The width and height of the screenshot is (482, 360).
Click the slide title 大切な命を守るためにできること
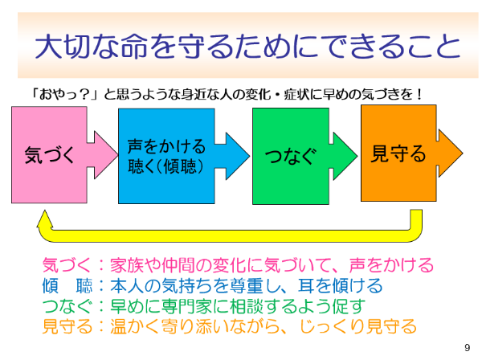point(247,46)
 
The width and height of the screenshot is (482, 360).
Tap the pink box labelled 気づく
point(49,154)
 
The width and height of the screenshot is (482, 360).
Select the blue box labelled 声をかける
point(166,156)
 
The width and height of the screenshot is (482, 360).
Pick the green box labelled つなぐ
point(291,156)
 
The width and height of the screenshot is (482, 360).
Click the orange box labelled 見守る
point(398,153)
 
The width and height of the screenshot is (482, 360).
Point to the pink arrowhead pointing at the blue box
point(104,154)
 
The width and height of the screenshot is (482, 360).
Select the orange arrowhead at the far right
point(450,153)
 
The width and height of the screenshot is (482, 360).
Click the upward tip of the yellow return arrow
point(45,211)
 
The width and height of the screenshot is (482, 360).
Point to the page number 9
point(468,348)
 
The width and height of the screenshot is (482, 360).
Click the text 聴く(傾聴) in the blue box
point(165,166)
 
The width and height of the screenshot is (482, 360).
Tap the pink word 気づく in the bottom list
point(67,265)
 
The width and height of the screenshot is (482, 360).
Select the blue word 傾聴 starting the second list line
point(67,285)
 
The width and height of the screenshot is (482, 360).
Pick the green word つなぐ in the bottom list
point(67,306)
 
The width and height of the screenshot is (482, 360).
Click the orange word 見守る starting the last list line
point(67,326)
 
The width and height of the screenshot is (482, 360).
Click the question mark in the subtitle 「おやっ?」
point(84,94)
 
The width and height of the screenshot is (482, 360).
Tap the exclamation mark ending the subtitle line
point(419,94)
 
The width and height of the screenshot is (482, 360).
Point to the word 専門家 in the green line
point(187,306)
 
